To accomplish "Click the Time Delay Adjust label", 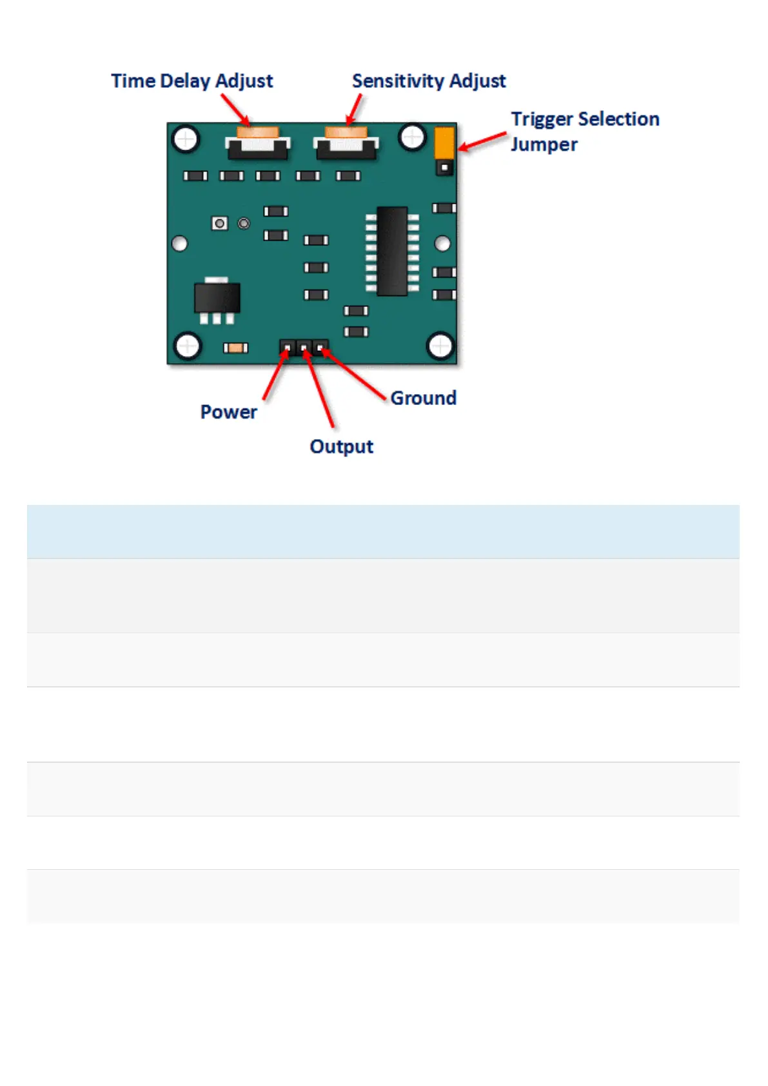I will point(192,81).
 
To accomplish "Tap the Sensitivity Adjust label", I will point(429,81).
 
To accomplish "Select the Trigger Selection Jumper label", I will point(584,131).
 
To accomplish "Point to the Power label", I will point(228,412).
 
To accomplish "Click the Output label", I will point(341,446).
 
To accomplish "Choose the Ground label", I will point(423,398).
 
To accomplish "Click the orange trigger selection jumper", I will point(444,143).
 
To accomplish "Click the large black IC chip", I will point(392,251).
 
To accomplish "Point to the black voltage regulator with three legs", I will point(217,299).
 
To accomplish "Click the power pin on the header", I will point(287,348).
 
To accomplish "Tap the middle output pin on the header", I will point(304,348).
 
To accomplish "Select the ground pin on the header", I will point(320,348).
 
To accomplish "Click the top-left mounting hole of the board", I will point(186,139).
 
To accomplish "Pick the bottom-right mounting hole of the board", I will point(440,346).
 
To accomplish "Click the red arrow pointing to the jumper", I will point(482,141).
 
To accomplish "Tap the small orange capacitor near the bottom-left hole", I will point(235,348).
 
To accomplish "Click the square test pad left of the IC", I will point(220,223).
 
